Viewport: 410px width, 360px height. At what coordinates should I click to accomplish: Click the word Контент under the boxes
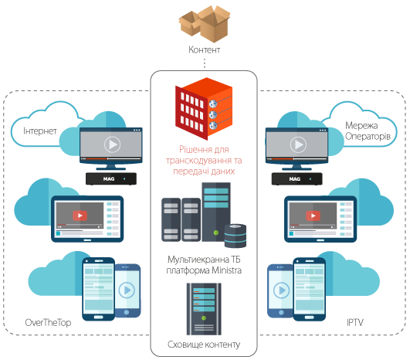click(204, 49)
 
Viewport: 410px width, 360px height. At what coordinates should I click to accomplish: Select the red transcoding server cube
click(204, 109)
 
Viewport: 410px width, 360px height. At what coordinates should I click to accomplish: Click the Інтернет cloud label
click(40, 131)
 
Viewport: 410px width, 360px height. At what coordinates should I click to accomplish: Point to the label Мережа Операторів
click(368, 131)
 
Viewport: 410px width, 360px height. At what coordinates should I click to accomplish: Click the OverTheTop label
click(48, 323)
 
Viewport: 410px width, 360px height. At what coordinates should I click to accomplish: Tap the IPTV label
click(355, 322)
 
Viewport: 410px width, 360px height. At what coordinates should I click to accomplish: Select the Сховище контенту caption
click(204, 345)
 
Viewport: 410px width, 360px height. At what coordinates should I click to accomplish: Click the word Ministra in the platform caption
click(226, 270)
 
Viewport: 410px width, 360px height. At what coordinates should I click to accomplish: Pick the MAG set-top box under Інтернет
click(111, 179)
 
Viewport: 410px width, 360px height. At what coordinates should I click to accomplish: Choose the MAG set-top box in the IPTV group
click(297, 179)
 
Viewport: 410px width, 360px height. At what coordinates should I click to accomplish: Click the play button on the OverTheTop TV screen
click(112, 144)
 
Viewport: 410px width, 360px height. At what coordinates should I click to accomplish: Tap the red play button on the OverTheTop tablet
click(80, 216)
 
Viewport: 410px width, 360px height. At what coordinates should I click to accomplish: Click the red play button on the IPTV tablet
click(313, 216)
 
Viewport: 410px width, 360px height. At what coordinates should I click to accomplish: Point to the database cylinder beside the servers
click(235, 236)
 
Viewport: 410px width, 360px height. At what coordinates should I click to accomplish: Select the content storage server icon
click(204, 309)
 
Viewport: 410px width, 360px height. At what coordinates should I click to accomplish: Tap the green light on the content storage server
click(204, 318)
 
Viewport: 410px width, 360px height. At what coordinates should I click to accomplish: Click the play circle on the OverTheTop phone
click(127, 290)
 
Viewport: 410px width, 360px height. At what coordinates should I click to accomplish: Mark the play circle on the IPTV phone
click(281, 290)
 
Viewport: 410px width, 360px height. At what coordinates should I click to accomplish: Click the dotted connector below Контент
click(204, 63)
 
